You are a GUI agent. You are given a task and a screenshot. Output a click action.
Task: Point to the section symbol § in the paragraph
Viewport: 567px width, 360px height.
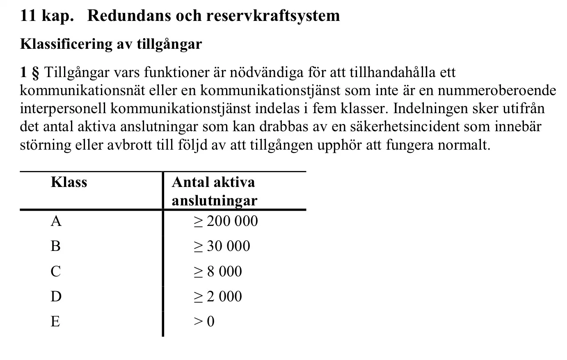35,73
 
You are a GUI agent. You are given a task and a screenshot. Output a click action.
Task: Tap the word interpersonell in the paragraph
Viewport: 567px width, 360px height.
63,108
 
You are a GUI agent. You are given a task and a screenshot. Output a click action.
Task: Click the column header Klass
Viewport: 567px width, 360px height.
69,182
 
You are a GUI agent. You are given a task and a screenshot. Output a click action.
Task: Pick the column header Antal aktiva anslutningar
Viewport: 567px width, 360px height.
214,191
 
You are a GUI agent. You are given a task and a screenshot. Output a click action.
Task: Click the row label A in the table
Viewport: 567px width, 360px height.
56,221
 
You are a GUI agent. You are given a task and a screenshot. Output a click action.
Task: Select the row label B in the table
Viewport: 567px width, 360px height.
55,246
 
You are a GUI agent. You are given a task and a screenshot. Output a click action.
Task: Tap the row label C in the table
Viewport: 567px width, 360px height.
55,271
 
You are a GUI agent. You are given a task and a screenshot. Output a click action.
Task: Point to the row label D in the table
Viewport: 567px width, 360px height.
56,296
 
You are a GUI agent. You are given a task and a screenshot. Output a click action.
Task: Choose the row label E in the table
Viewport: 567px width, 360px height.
55,321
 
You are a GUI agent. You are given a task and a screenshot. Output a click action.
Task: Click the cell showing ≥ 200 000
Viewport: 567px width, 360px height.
226,221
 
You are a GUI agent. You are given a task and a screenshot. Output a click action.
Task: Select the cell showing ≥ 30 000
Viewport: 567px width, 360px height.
222,246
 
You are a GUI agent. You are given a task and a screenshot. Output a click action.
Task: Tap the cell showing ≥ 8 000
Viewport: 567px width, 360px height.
217,271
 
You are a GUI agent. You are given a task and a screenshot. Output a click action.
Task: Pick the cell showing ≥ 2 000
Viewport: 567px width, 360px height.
217,296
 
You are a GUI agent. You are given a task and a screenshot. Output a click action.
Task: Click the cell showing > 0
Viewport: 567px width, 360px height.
204,321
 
